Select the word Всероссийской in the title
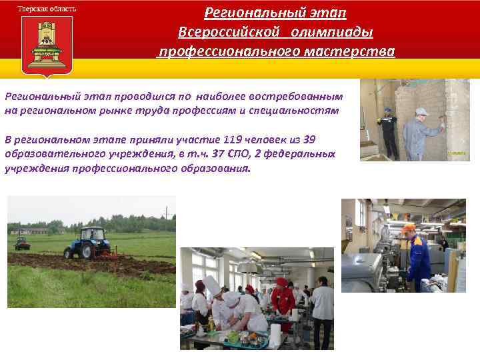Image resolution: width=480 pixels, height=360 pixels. point(221,33)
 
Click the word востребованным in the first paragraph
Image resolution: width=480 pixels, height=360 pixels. point(307,96)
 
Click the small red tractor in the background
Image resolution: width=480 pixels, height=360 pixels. point(21,243)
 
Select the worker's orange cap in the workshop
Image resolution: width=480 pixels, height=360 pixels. point(408,228)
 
